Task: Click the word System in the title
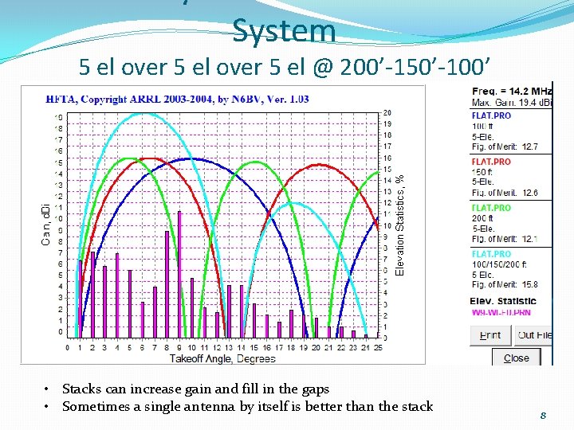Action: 284,31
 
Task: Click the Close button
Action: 516,358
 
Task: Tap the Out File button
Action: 533,335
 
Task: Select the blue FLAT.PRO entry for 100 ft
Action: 491,115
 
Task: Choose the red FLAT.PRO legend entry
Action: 491,162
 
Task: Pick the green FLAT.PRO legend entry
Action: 491,208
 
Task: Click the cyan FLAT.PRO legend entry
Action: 491,254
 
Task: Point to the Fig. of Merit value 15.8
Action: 529,284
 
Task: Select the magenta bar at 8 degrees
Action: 167,283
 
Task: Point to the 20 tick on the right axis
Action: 387,112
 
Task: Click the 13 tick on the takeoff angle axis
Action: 229,347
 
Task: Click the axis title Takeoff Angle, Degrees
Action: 222,358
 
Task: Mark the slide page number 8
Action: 542,415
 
